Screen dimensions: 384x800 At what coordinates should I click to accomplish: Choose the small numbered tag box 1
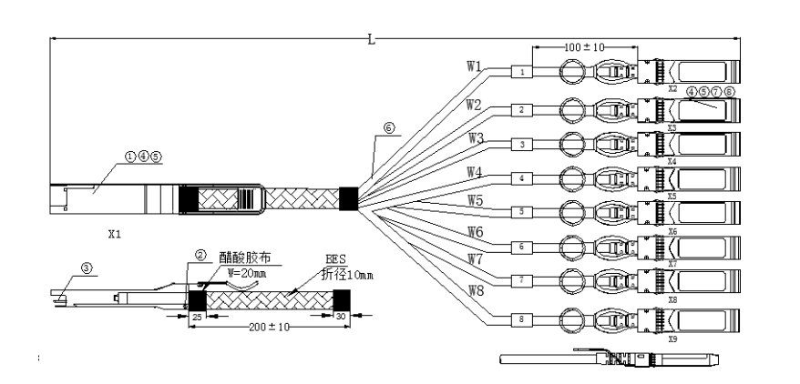click(521, 71)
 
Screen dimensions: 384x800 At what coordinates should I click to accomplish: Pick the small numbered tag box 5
click(521, 211)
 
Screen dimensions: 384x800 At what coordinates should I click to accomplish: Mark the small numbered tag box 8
click(521, 319)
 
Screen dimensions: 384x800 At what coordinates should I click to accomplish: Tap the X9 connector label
click(672, 339)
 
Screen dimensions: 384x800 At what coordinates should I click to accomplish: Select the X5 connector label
click(672, 196)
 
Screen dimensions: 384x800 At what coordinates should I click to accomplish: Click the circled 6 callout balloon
click(389, 129)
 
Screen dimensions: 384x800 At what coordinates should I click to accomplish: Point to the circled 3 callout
click(87, 268)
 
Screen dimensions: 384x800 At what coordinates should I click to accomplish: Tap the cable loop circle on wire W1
click(570, 71)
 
